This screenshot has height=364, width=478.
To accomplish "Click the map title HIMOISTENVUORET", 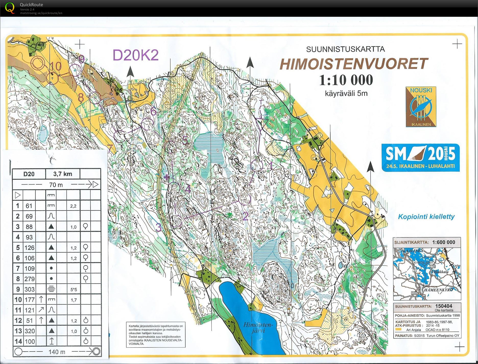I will point(354,64).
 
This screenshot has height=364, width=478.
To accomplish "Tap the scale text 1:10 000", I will point(346,80).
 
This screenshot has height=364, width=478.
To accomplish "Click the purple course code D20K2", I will point(136,55).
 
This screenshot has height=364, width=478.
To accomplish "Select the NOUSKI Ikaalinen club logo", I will point(421,107).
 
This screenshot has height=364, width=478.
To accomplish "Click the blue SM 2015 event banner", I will point(420,157).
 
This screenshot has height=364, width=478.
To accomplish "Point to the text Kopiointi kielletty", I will point(426,217).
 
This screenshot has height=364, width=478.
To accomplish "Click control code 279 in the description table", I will point(29,279).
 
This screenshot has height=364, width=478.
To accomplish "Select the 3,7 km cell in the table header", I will point(63,174).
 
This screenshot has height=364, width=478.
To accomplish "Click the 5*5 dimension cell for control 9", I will point(74,290).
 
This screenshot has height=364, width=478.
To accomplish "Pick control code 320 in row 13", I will point(29,331).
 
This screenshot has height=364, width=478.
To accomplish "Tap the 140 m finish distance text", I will point(57,352).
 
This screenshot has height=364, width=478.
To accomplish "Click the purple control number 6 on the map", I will point(153,111).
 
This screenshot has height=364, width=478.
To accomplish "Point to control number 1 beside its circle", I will point(270,166).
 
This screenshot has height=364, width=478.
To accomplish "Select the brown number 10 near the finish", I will point(55,66).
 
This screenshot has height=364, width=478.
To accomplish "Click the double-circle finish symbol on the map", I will point(38,63).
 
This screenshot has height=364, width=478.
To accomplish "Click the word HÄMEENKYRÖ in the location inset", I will point(438,290).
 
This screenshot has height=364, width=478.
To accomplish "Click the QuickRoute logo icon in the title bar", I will point(9,8).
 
